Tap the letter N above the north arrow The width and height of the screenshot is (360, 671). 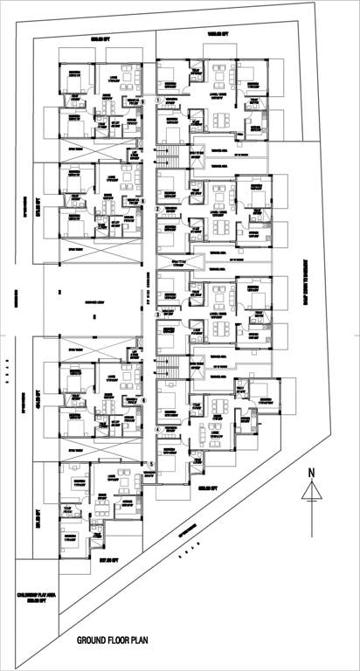pyautogui.click(x=310, y=474)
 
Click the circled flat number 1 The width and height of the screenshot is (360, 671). pyautogui.click(x=157, y=101)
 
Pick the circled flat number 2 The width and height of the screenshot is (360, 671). pyautogui.click(x=157, y=210)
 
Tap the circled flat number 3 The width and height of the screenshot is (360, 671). pyautogui.click(x=157, y=312)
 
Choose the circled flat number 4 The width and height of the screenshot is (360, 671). pyautogui.click(x=157, y=429)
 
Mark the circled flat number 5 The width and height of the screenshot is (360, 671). pyautogui.click(x=150, y=464)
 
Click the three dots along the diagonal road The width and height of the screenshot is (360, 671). pyautogui.click(x=184, y=553)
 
